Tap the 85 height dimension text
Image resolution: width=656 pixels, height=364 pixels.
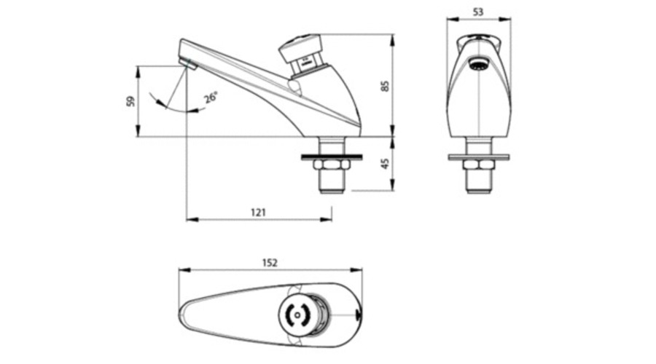[386, 86]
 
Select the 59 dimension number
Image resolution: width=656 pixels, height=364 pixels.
[130, 101]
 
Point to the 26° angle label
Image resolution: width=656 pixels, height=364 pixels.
[211, 98]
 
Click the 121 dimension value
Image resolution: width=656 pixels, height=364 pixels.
[258, 213]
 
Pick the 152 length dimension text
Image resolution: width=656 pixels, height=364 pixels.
[270, 263]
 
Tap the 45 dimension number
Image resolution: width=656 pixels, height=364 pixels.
[386, 163]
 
